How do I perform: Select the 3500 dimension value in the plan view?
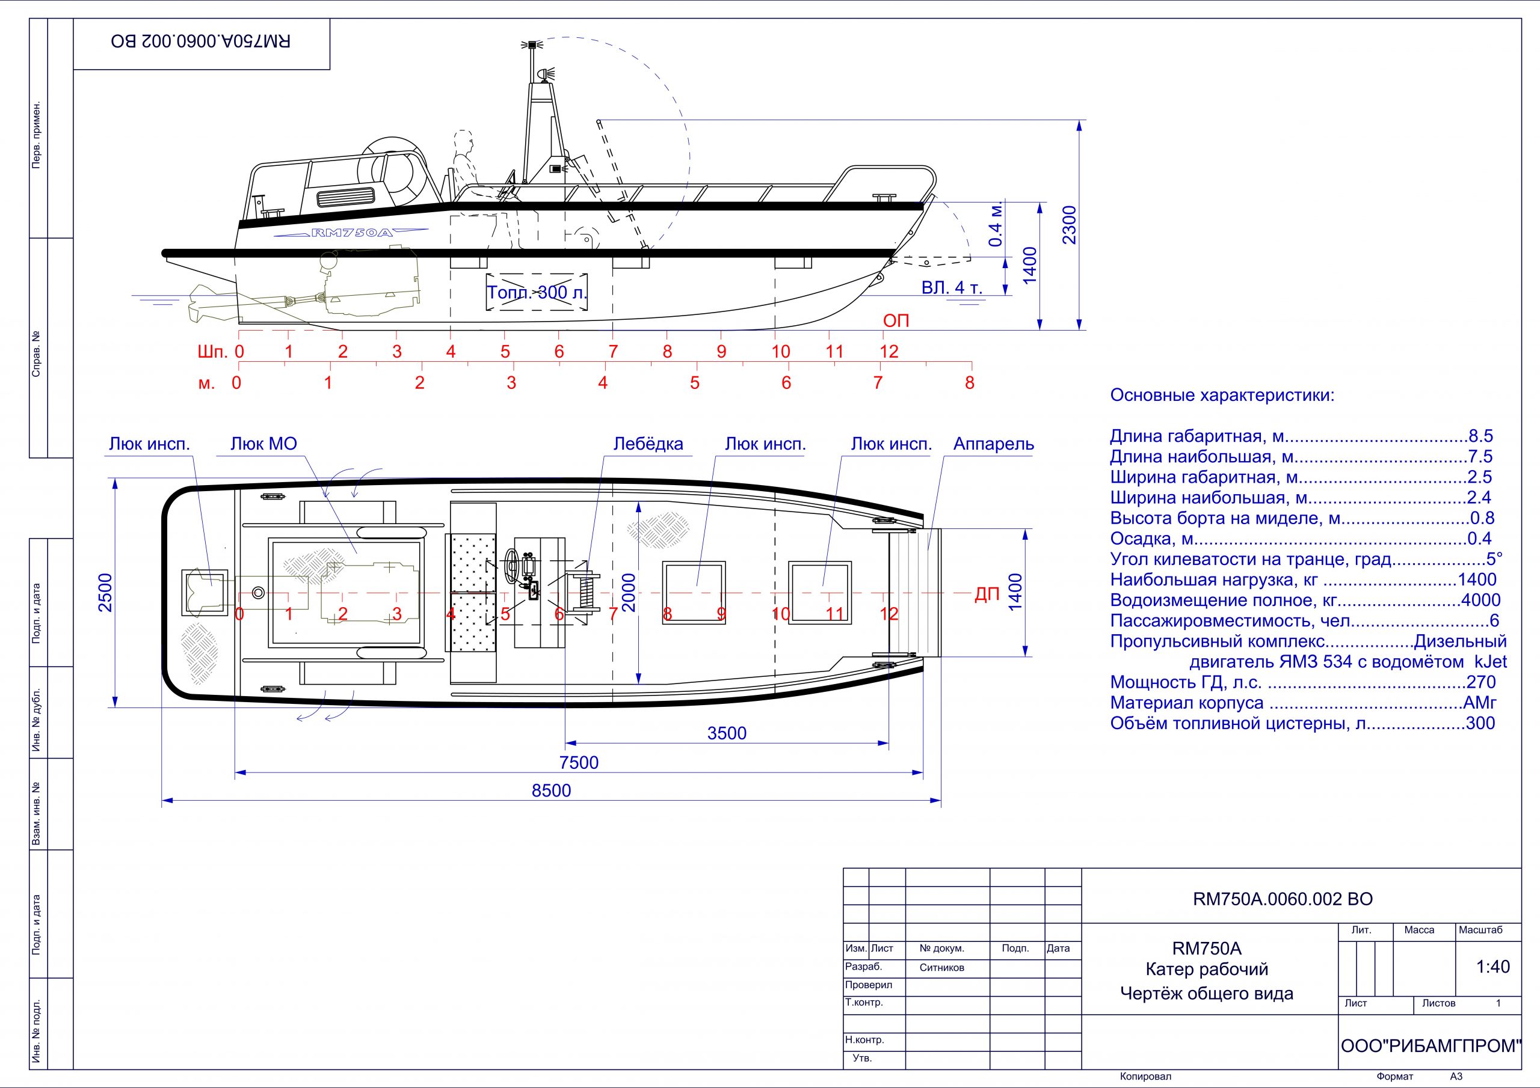[x=727, y=733]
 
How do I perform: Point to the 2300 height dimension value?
[x=1069, y=225]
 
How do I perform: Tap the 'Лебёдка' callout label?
[x=648, y=444]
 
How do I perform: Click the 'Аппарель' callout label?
[x=993, y=444]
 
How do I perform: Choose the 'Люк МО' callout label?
[x=263, y=444]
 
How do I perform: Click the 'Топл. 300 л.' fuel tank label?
[x=537, y=292]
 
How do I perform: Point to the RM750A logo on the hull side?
[x=351, y=233]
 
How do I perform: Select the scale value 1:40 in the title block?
[x=1492, y=967]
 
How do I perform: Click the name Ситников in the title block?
[x=941, y=967]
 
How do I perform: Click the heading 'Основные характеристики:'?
[x=1222, y=395]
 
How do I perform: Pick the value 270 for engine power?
[x=1481, y=682]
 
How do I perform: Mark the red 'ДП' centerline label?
[x=987, y=594]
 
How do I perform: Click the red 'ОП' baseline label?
[x=896, y=320]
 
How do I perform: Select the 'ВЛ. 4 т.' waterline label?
[x=951, y=287]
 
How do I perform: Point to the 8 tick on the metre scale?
[x=969, y=383]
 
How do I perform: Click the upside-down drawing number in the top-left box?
[x=201, y=41]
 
